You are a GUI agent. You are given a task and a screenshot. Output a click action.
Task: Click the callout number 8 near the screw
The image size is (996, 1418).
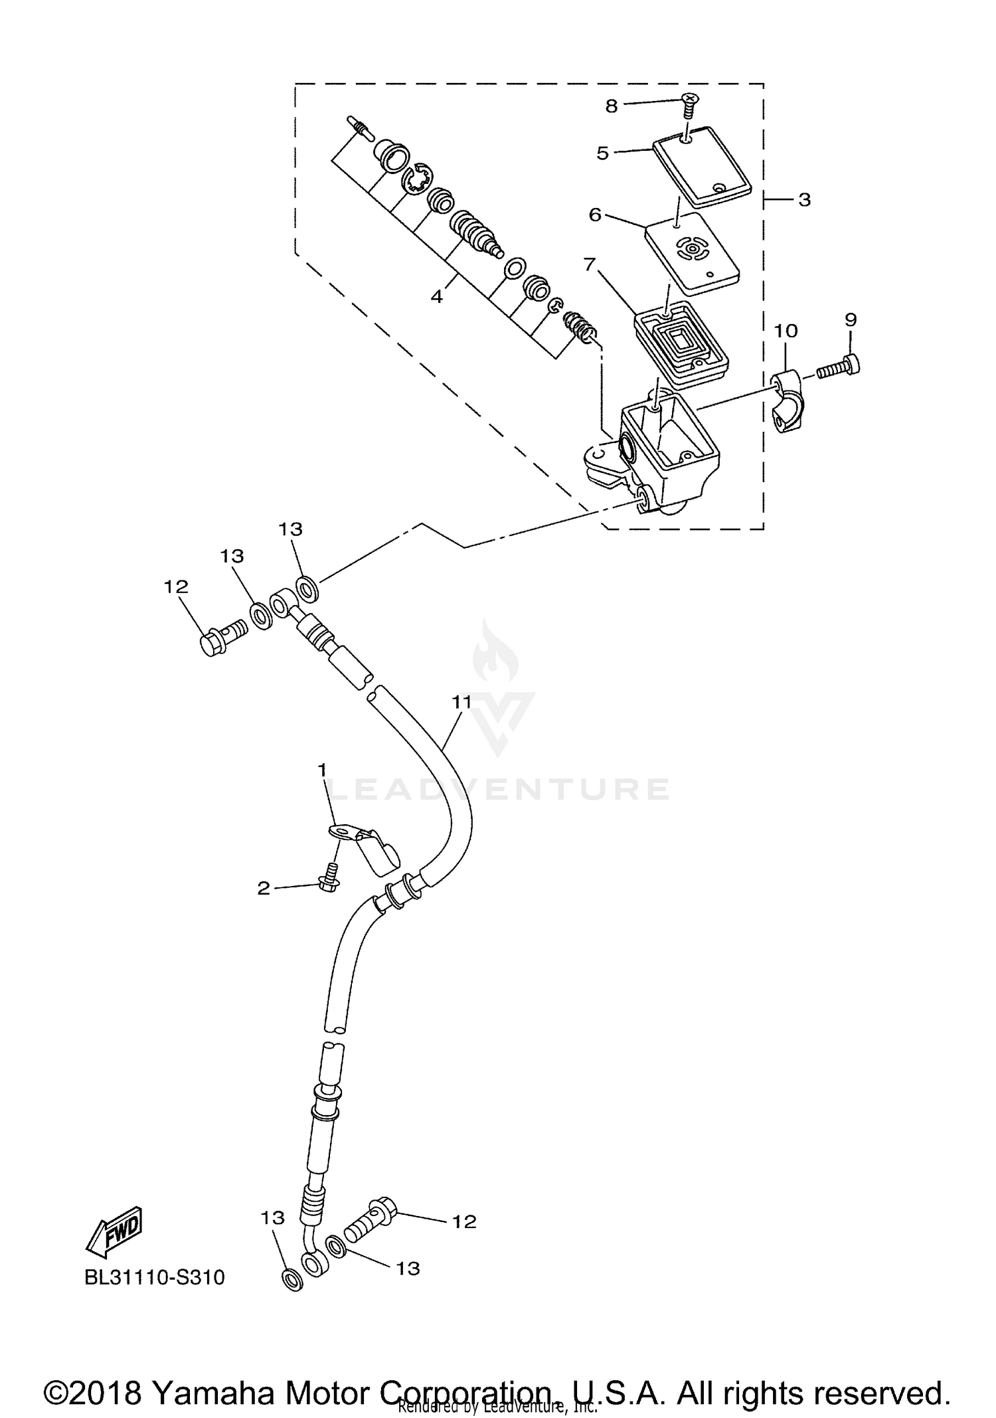612,106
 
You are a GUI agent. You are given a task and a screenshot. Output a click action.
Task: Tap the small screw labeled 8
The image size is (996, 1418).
690,106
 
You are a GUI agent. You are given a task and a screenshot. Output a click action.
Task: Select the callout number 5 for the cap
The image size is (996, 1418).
603,153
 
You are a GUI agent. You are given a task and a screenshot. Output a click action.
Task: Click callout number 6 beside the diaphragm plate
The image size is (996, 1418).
595,215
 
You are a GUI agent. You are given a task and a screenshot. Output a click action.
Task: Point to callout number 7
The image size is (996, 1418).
589,264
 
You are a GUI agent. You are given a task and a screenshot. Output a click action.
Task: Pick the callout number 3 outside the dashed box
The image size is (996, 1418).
804,199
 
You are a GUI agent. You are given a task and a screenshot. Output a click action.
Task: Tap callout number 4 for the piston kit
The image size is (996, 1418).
436,296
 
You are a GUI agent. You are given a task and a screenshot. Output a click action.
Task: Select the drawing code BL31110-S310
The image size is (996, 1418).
155,1277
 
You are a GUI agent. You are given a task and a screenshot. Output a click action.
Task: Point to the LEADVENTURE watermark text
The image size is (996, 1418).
499,789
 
